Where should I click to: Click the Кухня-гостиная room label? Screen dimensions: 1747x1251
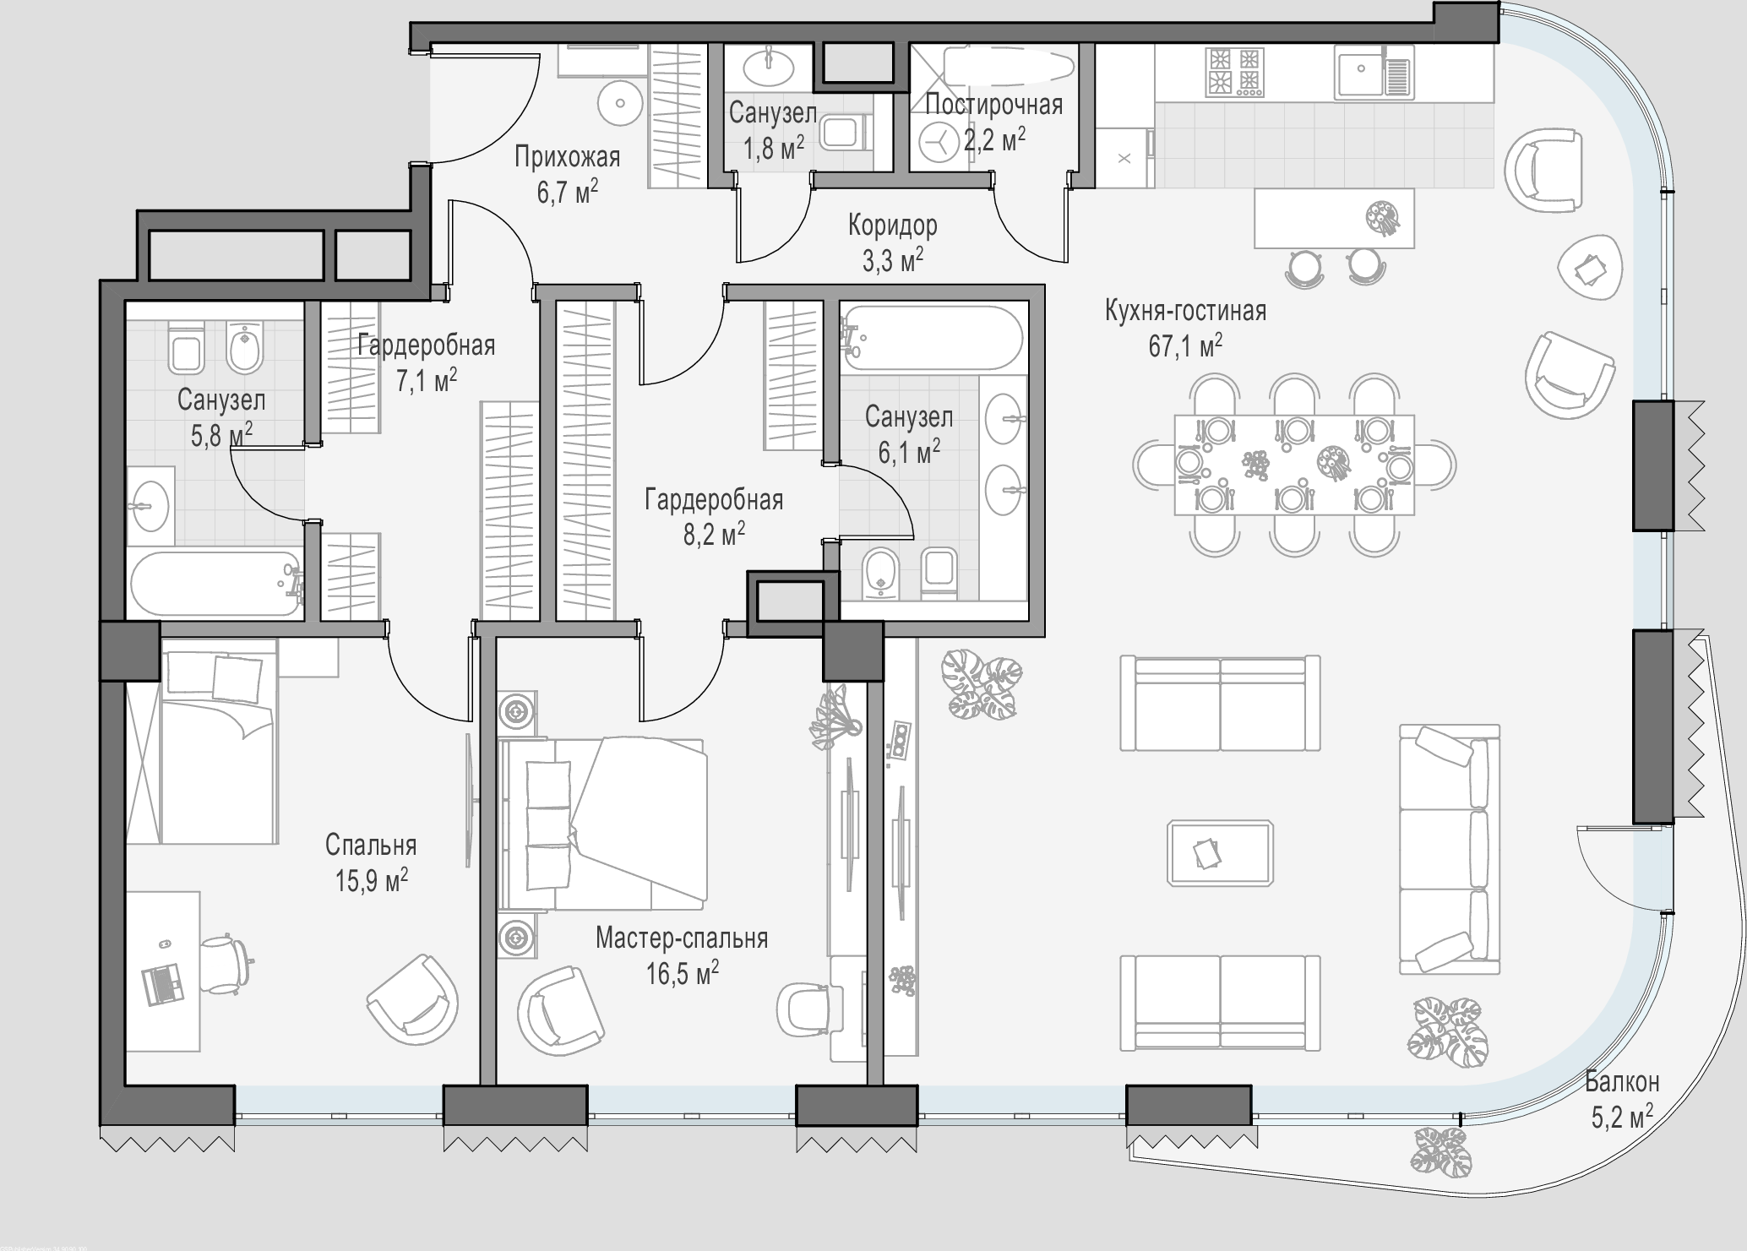pyautogui.click(x=1185, y=311)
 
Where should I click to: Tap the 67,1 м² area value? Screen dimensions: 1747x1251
pyautogui.click(x=1185, y=346)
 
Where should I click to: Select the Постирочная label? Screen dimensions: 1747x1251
pyautogui.click(x=993, y=105)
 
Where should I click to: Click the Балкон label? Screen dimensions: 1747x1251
pyautogui.click(x=1622, y=1081)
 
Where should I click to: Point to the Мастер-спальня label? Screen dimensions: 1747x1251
pyautogui.click(x=682, y=938)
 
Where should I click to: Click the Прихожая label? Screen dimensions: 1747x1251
pyautogui.click(x=568, y=157)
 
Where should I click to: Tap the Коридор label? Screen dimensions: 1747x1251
pyautogui.click(x=893, y=226)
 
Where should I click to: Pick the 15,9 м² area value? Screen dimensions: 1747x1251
pyautogui.click(x=372, y=881)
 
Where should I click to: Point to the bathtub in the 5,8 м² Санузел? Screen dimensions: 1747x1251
pyautogui.click(x=216, y=585)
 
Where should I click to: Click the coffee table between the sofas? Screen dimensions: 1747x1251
pyautogui.click(x=1221, y=852)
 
